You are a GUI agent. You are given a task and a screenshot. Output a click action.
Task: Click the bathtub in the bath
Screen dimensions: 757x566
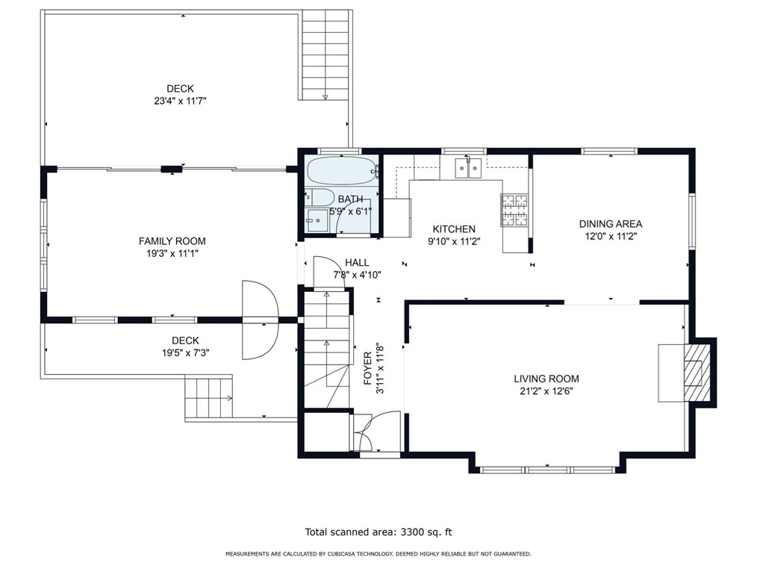pos(342,170)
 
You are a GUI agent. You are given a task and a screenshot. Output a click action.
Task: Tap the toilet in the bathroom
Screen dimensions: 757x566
pos(320,197)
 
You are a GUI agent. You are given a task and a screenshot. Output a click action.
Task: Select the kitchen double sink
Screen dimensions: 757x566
pos(468,168)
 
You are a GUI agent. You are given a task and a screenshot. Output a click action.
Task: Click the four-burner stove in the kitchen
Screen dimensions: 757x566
pos(514,210)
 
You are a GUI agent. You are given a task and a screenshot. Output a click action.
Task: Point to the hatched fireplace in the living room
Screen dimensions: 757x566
pos(697,372)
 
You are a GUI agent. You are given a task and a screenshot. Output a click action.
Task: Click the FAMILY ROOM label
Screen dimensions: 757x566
pos(172,241)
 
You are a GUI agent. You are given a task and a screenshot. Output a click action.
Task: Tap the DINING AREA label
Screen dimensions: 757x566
pos(611,223)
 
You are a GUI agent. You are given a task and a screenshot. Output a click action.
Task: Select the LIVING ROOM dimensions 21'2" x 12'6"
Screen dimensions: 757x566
pos(546,391)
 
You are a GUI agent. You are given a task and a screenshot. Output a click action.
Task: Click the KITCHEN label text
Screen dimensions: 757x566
pos(454,229)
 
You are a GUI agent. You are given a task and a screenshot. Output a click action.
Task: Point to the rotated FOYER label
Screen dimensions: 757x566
pos(368,368)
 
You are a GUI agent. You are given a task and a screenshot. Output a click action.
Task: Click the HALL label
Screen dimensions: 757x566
pos(358,263)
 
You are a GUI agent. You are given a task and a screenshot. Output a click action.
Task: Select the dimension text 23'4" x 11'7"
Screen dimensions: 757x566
pos(180,101)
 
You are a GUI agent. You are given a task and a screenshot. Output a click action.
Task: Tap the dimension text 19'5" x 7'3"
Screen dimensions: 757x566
pos(185,353)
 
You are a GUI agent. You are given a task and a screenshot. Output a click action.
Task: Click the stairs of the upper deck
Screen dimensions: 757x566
pos(325,55)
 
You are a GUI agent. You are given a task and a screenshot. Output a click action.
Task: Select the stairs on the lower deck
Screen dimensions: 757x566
pos(208,398)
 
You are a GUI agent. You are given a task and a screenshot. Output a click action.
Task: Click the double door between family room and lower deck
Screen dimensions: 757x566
pos(261,320)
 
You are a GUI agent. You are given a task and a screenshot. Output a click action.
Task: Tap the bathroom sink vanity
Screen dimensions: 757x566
pos(317,220)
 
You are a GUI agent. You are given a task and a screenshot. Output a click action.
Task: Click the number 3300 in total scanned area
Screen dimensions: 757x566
pos(411,532)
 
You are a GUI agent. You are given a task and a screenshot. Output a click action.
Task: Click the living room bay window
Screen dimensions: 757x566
pos(547,470)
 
